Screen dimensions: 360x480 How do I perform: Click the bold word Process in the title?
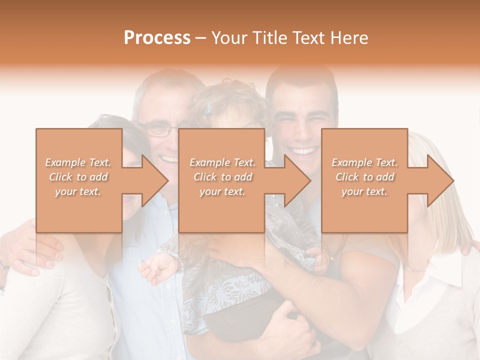157,38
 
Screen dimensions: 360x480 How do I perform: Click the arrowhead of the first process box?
155,180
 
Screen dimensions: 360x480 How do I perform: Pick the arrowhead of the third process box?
440,180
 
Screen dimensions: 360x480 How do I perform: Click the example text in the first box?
78,177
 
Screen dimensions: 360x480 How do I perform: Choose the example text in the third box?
364,177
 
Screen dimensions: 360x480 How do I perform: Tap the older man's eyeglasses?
159,130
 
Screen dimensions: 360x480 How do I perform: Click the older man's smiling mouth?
168,159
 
